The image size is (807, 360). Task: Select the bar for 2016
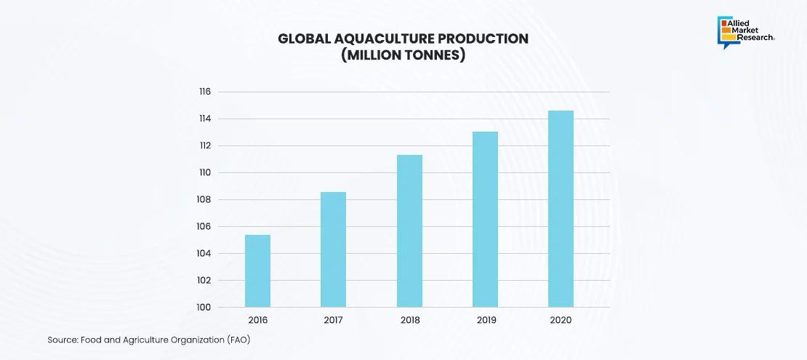[x=257, y=271]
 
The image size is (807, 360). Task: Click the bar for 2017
[x=334, y=249]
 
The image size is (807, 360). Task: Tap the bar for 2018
[x=409, y=231]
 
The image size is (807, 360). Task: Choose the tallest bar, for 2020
[x=561, y=209]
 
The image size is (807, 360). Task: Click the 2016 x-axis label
[x=257, y=320]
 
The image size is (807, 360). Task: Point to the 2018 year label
[x=409, y=320]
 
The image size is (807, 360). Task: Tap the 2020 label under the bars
[x=561, y=320]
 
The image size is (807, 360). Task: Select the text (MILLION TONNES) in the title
[x=403, y=55]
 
